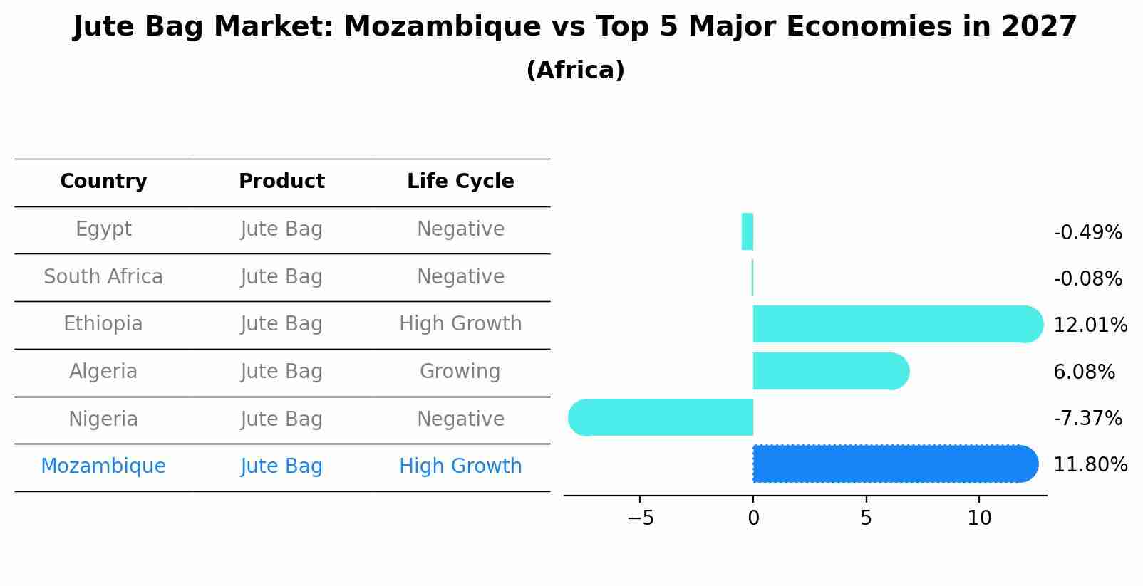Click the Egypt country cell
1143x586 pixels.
tap(103, 229)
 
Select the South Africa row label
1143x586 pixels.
tap(103, 277)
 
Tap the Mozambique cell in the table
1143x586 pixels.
tap(103, 466)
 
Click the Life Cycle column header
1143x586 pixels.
tap(460, 182)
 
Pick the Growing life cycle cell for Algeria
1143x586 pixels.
tap(460, 372)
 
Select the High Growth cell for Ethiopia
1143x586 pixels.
tap(460, 324)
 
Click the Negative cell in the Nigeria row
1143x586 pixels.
tap(460, 419)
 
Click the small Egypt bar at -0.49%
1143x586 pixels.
tap(748, 232)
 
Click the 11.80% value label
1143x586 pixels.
tap(1090, 465)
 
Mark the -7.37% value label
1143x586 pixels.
tap(1087, 419)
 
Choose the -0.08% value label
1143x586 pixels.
tap(1087, 279)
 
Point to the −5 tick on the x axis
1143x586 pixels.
tap(641, 518)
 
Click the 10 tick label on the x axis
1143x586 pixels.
tap(979, 518)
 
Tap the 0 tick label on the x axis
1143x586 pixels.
tap(753, 518)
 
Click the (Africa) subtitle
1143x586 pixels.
tap(575, 70)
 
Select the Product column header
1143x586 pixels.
tap(281, 182)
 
